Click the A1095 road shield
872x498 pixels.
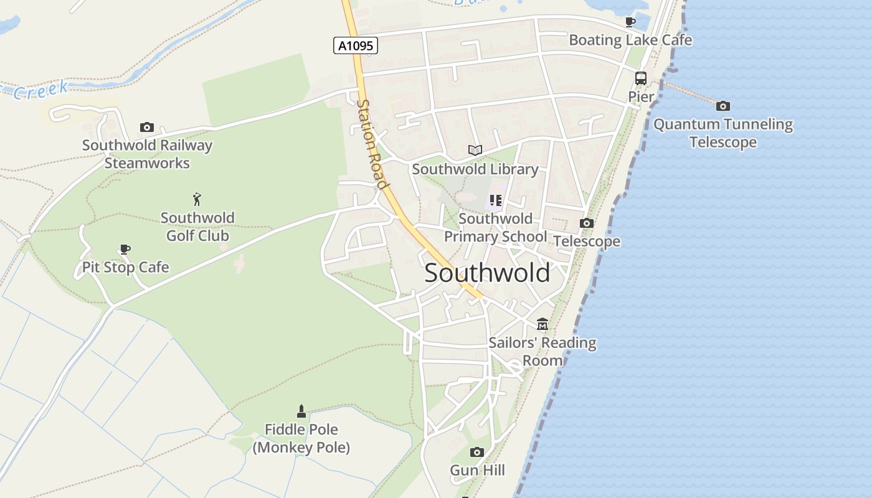pyautogui.click(x=356, y=45)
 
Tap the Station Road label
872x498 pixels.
pyautogui.click(x=372, y=144)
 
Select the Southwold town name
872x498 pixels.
pyautogui.click(x=487, y=273)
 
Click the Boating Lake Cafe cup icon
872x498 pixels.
pyautogui.click(x=630, y=22)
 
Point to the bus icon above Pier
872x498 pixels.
pyautogui.click(x=640, y=78)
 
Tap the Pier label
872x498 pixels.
pyautogui.click(x=641, y=97)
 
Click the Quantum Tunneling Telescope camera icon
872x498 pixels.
pyautogui.click(x=723, y=106)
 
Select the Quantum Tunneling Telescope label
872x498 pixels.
pyautogui.click(x=723, y=133)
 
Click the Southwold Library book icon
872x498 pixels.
pyautogui.click(x=475, y=151)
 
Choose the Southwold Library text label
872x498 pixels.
pyautogui.click(x=475, y=169)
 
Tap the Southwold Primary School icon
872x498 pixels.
pyautogui.click(x=496, y=200)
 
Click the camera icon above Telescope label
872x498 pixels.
pyautogui.click(x=586, y=223)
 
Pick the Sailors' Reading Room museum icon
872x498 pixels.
pyautogui.click(x=543, y=324)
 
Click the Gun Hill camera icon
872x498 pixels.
pyautogui.click(x=477, y=452)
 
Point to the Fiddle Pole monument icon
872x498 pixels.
pyautogui.click(x=301, y=411)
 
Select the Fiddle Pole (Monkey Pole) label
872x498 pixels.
pyautogui.click(x=301, y=438)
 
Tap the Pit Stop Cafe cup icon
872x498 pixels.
pyautogui.click(x=125, y=250)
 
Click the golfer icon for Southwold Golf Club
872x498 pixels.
pyautogui.click(x=197, y=199)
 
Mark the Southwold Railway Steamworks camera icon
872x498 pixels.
pyautogui.click(x=147, y=127)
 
